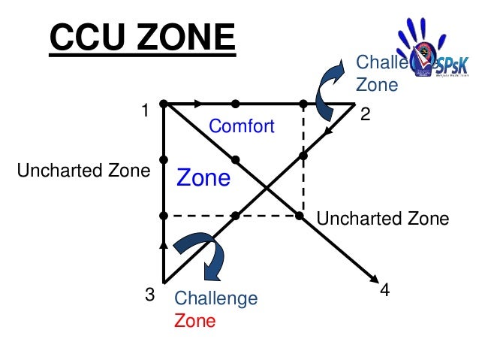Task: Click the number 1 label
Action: (x=145, y=111)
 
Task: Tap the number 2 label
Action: (x=366, y=115)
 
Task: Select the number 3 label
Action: (x=149, y=295)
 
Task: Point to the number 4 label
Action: (x=385, y=289)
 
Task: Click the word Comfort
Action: (x=242, y=126)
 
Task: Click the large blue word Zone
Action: (x=203, y=178)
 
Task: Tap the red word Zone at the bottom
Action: (x=194, y=321)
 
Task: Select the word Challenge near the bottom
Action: (x=215, y=299)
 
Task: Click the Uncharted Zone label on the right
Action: (x=383, y=219)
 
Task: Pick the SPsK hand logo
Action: (x=425, y=50)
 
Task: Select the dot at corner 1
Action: (x=164, y=103)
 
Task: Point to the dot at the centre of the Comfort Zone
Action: (x=235, y=159)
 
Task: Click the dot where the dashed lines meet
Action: (x=300, y=216)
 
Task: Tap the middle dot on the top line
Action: (x=235, y=103)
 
